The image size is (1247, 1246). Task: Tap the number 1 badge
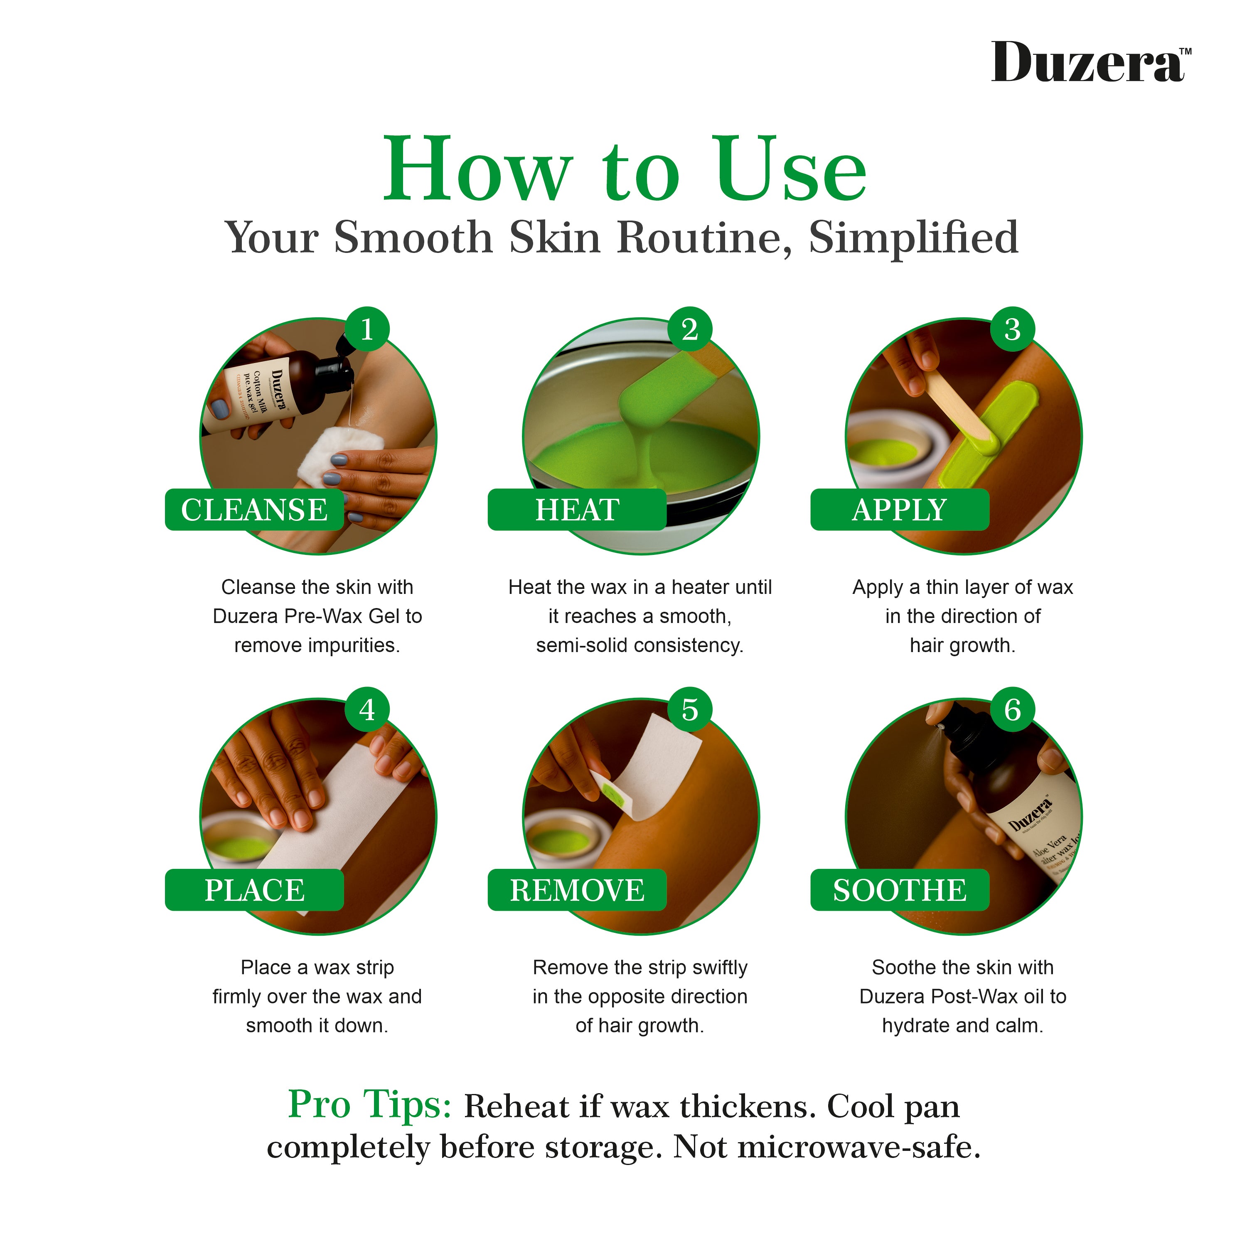pyautogui.click(x=366, y=329)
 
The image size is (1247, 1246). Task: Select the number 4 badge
pyautogui.click(x=366, y=710)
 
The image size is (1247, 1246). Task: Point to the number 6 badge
pyautogui.click(x=1012, y=710)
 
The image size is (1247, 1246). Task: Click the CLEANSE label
pyautogui.click(x=254, y=510)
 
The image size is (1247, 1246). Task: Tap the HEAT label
pyautogui.click(x=577, y=510)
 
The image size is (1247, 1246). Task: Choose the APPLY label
pyautogui.click(x=900, y=510)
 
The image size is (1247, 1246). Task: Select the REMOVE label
pyautogui.click(x=577, y=890)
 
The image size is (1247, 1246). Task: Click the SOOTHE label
pyautogui.click(x=900, y=890)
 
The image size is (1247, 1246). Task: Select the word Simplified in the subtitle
pyautogui.click(x=913, y=238)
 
